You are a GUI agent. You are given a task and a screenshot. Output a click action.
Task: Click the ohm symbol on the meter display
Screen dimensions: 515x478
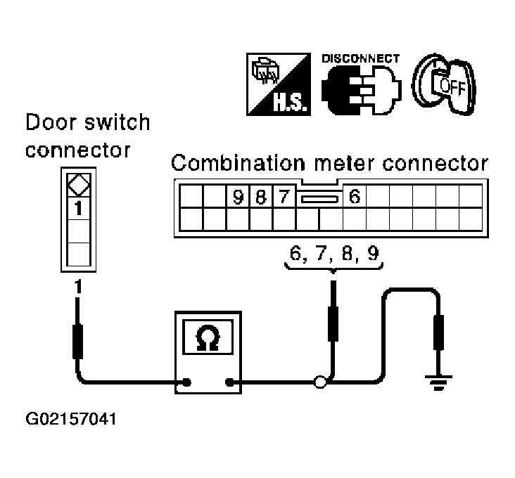coord(208,338)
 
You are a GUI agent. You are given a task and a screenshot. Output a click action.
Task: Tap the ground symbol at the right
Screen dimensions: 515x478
coord(438,382)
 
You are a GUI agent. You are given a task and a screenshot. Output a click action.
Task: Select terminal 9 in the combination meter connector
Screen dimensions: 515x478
coord(238,197)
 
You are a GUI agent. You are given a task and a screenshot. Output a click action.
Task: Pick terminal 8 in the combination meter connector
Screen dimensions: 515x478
coord(261,197)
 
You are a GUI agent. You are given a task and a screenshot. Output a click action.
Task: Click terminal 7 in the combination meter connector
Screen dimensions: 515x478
coord(284,197)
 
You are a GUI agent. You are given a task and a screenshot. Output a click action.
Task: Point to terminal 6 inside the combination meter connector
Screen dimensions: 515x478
coord(355,196)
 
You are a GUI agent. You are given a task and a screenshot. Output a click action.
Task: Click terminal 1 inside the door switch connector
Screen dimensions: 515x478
coord(78,208)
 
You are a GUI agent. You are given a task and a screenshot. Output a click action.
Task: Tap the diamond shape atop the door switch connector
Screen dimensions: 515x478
coord(79,184)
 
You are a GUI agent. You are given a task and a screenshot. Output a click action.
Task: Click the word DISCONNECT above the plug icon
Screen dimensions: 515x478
coord(361,58)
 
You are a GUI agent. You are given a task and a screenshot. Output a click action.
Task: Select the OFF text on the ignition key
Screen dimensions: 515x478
coord(453,86)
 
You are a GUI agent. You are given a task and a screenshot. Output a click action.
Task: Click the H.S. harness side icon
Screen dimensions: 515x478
coord(279,84)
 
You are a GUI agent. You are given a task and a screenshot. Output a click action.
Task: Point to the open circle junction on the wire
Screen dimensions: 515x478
coord(320,382)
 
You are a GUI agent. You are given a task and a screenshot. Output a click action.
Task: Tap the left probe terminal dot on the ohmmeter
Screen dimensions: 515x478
coord(187,382)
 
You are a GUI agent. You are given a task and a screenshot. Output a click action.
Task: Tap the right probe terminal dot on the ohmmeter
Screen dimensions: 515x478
coord(229,382)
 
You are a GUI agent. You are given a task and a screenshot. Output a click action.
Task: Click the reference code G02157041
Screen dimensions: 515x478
coord(71,419)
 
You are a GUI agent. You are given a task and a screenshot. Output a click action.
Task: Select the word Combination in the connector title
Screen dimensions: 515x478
coord(238,163)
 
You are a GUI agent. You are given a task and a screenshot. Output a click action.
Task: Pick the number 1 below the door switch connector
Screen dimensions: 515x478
coord(78,286)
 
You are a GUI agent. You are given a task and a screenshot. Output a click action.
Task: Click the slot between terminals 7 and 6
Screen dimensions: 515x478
coord(319,199)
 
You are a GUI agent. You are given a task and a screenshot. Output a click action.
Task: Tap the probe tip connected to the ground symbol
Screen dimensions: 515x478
coord(438,332)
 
